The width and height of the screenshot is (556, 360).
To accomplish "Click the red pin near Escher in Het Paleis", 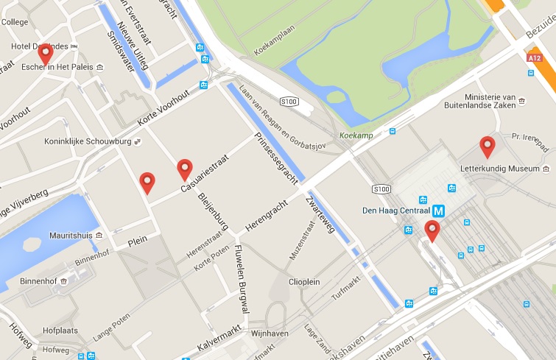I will [x=46, y=53].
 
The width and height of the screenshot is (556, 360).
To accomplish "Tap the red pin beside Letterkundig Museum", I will [x=487, y=146].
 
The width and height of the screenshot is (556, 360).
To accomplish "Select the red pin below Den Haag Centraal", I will [x=432, y=230].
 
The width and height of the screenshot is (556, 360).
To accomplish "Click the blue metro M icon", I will [x=439, y=211].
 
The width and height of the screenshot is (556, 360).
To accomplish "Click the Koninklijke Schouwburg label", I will [x=82, y=144].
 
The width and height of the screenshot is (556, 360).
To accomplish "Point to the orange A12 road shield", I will [x=535, y=57].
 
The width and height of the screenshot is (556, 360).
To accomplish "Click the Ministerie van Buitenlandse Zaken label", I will [x=499, y=102].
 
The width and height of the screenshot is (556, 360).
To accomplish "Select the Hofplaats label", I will [x=60, y=331].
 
